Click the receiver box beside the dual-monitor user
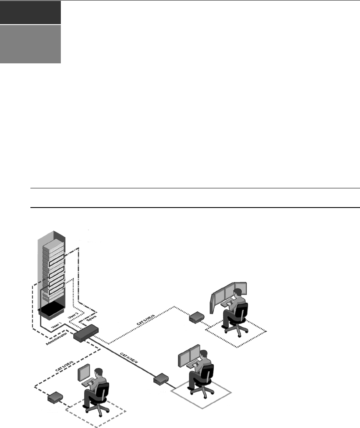click(x=160, y=380)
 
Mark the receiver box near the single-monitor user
click(x=55, y=397)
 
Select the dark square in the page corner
click(x=30, y=12)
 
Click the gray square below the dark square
click(x=30, y=44)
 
